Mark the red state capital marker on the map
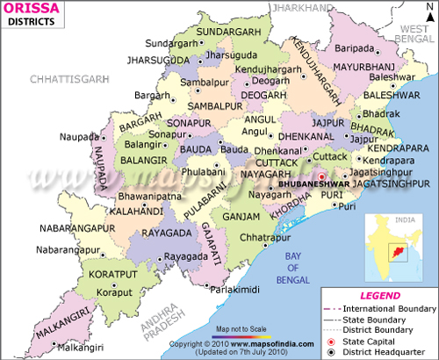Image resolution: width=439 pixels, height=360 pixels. pos(322,176)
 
